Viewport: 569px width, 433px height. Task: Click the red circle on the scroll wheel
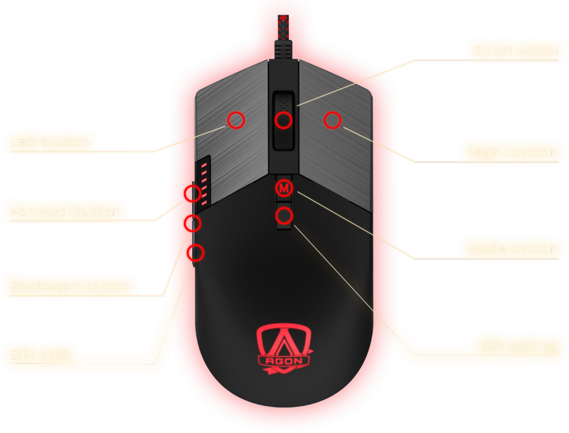click(x=284, y=120)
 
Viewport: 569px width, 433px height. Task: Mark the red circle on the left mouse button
click(x=236, y=120)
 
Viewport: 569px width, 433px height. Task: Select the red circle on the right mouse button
click(x=332, y=120)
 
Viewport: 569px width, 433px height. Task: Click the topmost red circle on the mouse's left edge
click(x=192, y=193)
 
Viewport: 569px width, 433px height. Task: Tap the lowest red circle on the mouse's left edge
click(x=195, y=252)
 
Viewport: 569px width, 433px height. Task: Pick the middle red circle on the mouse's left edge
click(x=192, y=223)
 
